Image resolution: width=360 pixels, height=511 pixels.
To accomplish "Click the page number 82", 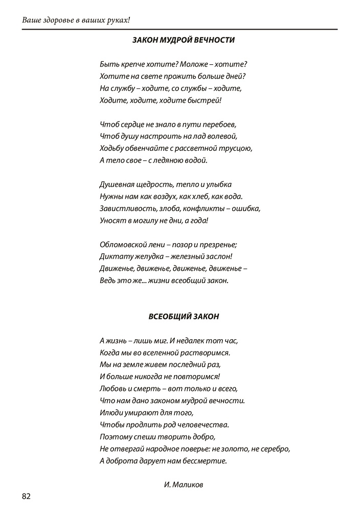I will click(27, 496).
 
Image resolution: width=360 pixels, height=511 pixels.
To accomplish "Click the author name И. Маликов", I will click(184, 484).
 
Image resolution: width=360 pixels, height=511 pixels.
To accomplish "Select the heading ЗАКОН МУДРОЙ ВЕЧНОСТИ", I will click(184, 39).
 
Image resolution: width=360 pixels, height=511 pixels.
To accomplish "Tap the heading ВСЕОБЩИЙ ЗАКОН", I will click(184, 316).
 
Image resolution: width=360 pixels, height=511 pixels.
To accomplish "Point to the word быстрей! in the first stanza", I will click(207, 101).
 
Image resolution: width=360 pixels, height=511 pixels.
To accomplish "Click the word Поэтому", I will click(115, 436).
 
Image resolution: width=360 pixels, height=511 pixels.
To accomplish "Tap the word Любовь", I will click(111, 388).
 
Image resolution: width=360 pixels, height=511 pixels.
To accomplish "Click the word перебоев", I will click(221, 125).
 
